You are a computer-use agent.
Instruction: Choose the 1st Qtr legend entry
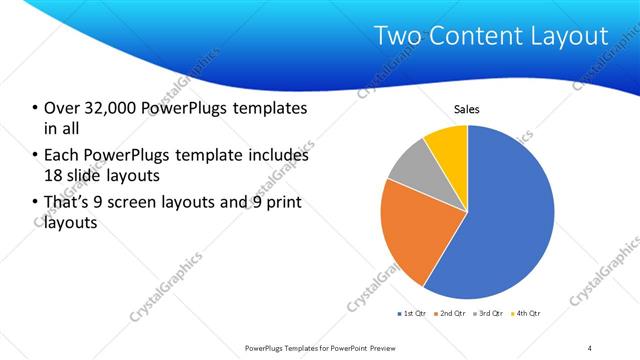tap(411, 314)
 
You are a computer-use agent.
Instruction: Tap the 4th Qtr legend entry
tap(525, 314)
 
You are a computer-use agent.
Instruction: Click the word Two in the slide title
tap(395, 37)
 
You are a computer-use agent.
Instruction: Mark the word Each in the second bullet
tap(62, 156)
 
